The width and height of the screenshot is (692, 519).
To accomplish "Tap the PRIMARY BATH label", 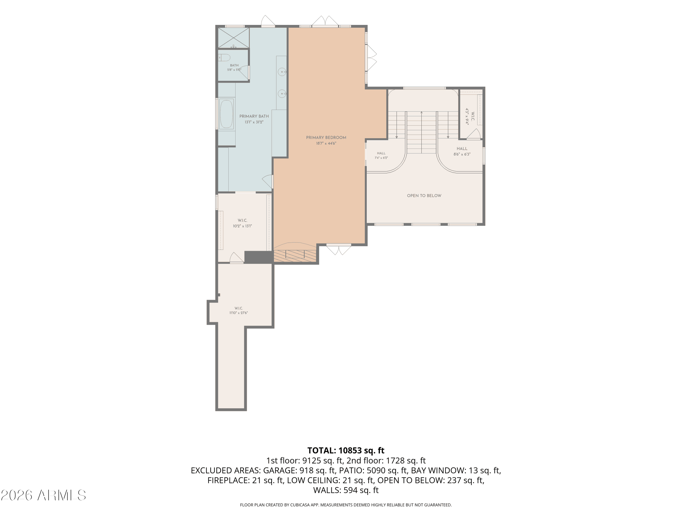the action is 254,116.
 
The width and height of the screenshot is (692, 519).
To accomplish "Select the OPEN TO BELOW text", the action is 424,196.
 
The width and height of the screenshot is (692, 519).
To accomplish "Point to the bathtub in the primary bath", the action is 227,114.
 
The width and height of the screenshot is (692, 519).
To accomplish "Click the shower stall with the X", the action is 233,38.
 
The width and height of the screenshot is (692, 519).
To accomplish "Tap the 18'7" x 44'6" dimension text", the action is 326,143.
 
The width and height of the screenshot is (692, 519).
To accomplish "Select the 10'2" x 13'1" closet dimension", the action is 242,226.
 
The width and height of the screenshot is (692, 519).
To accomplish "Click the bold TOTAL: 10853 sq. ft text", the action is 346,450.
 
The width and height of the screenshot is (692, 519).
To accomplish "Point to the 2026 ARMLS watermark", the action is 44,495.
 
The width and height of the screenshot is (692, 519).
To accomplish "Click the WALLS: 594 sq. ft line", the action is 346,490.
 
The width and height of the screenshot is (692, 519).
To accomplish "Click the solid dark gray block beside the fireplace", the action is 258,257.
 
